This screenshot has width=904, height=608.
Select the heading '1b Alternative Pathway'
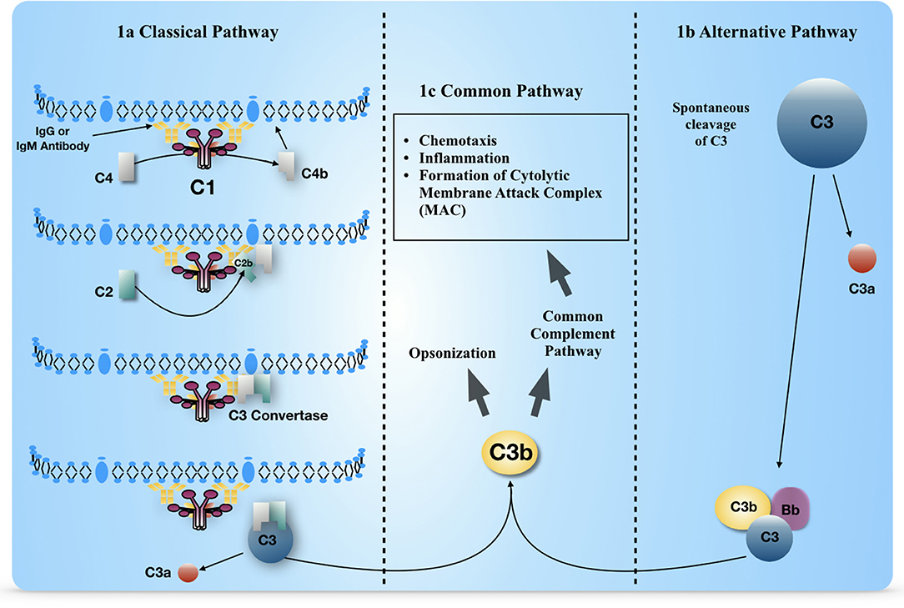[766, 33]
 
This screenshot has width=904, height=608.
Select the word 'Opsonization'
[452, 353]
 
